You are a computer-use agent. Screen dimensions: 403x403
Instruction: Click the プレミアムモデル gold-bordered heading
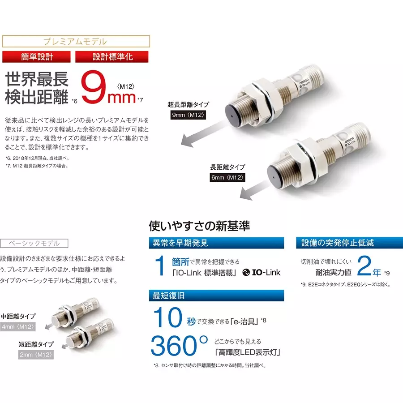(x=76, y=42)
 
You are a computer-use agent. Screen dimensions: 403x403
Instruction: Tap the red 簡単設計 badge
(x=37, y=57)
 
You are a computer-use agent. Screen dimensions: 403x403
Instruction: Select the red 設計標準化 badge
(x=112, y=57)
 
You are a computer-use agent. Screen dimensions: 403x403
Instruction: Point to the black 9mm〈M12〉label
(x=188, y=116)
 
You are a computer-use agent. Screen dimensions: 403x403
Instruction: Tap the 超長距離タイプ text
(x=188, y=105)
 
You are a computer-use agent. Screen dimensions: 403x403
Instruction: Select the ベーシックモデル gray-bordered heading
(x=34, y=244)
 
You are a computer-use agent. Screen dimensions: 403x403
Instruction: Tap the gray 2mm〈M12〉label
(x=36, y=354)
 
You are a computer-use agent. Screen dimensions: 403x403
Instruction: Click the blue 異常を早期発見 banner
(x=216, y=244)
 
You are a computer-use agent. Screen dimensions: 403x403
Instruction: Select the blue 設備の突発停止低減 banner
(x=349, y=244)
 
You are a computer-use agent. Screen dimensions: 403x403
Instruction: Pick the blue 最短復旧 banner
(x=216, y=296)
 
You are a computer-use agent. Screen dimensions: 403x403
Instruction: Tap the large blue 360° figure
(x=180, y=345)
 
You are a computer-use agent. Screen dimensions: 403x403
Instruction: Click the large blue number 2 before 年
(x=365, y=267)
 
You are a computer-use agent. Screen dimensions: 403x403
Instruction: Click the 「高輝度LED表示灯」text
(x=248, y=352)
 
